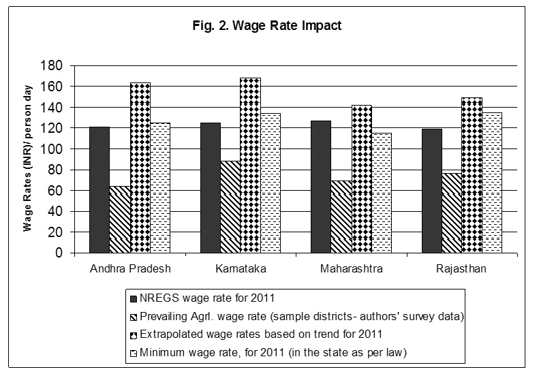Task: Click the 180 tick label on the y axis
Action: (53, 66)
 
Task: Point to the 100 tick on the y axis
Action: (53, 149)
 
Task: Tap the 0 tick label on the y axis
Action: (59, 253)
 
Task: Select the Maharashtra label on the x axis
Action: (351, 268)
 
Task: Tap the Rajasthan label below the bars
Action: (461, 268)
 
